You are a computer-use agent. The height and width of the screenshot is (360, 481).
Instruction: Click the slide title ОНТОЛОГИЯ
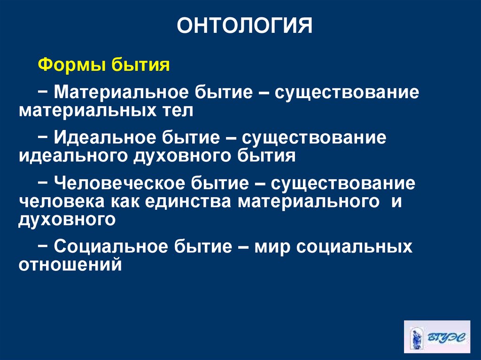(244, 27)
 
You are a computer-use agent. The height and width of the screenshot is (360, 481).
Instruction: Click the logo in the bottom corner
(436, 337)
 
